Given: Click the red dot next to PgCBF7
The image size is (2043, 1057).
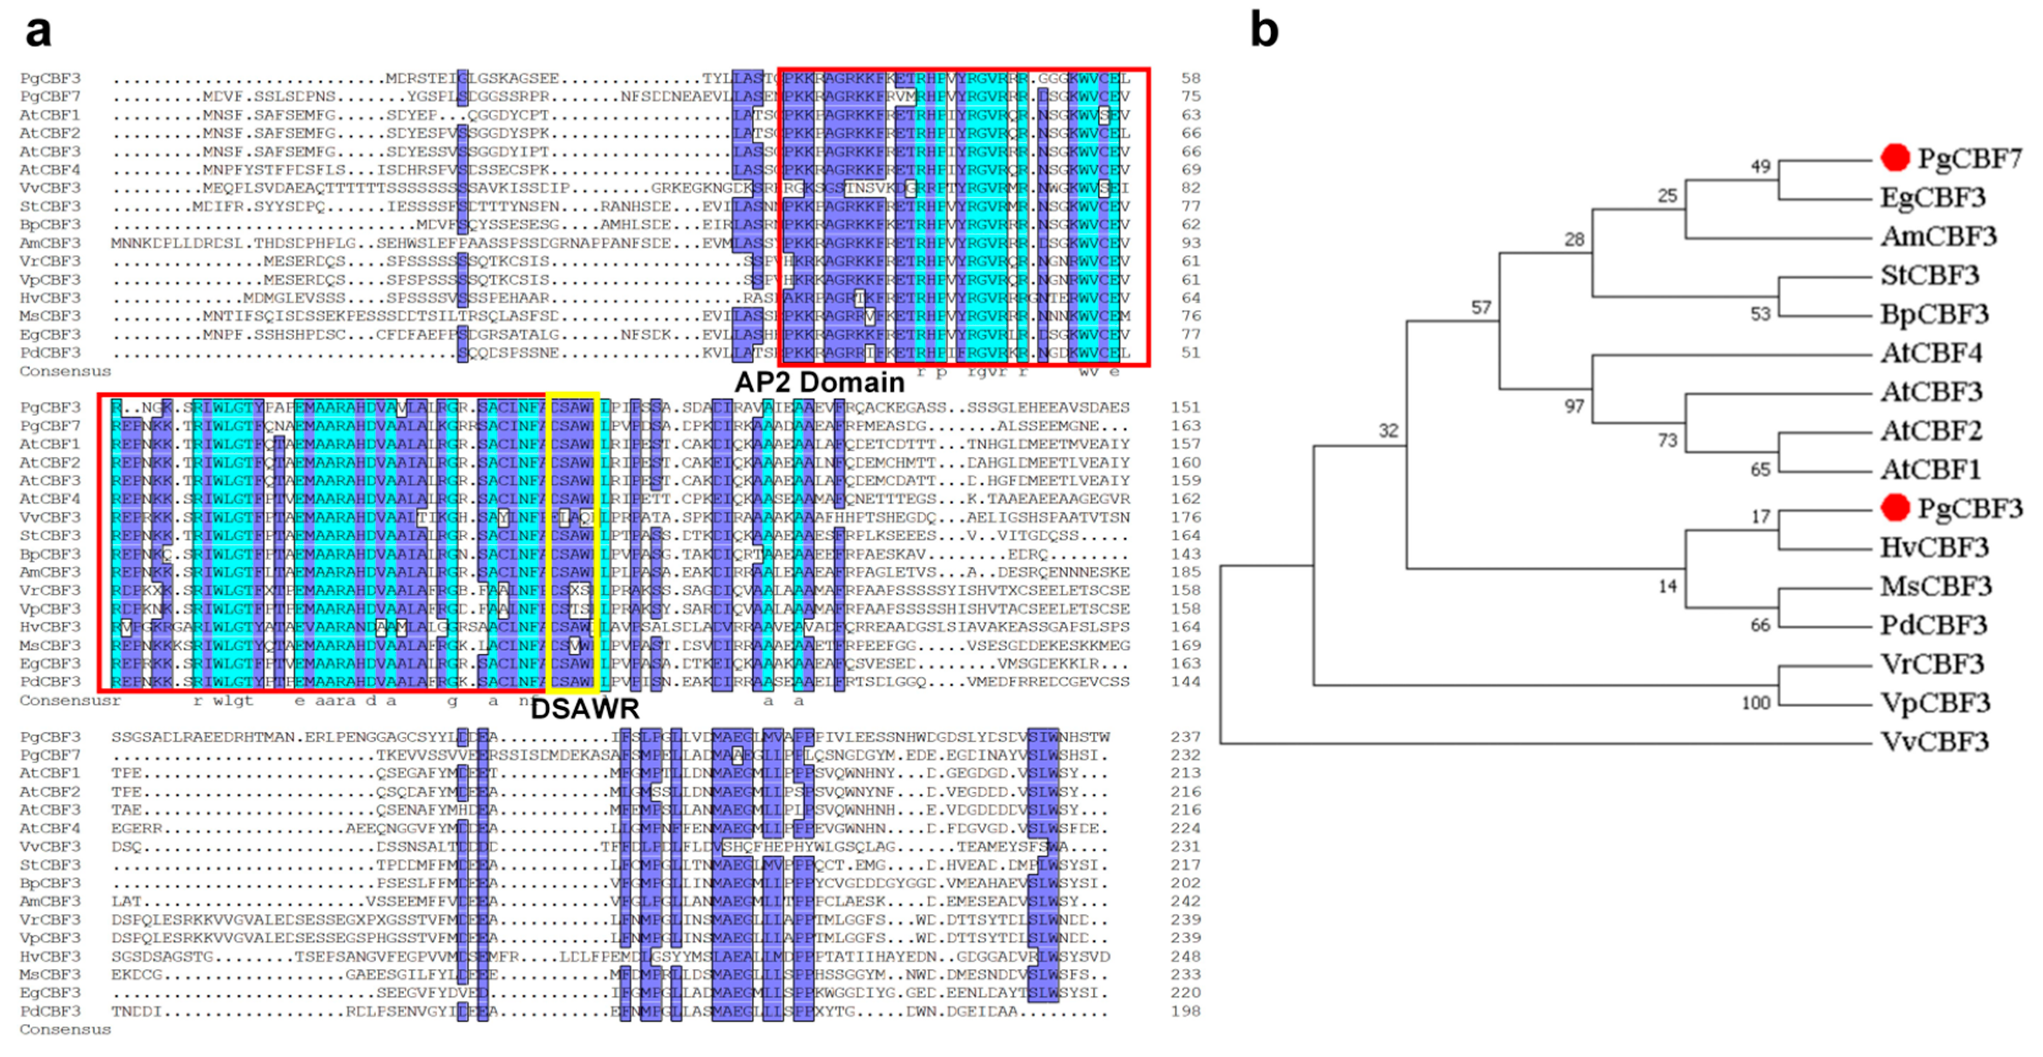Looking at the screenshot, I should pyautogui.click(x=1895, y=158).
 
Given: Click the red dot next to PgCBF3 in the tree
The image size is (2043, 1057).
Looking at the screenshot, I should pyautogui.click(x=1895, y=508).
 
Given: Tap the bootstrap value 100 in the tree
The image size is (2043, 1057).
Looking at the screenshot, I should pyautogui.click(x=1755, y=703).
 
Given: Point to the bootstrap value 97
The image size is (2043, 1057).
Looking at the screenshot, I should pyautogui.click(x=1574, y=407).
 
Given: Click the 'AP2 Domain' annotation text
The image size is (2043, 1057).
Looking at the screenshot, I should pyautogui.click(x=819, y=382).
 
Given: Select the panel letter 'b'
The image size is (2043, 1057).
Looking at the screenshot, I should pyautogui.click(x=1264, y=30).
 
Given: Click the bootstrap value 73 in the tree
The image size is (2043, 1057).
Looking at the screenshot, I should pyautogui.click(x=1667, y=440).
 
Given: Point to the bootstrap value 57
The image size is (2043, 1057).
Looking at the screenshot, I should pyautogui.click(x=1480, y=308).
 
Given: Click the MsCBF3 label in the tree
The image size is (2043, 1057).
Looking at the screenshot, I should pyautogui.click(x=1936, y=587).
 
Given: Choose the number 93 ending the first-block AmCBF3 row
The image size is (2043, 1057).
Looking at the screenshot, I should pyautogui.click(x=1190, y=243).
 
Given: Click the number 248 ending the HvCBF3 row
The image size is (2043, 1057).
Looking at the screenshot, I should pyautogui.click(x=1185, y=957).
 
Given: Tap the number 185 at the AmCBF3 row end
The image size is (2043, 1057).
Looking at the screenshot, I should pyautogui.click(x=1185, y=572).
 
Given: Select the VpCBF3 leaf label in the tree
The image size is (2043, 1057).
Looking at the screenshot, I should pyautogui.click(x=1935, y=703).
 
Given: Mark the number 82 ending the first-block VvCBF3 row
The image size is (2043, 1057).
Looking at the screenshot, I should pyautogui.click(x=1190, y=188).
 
